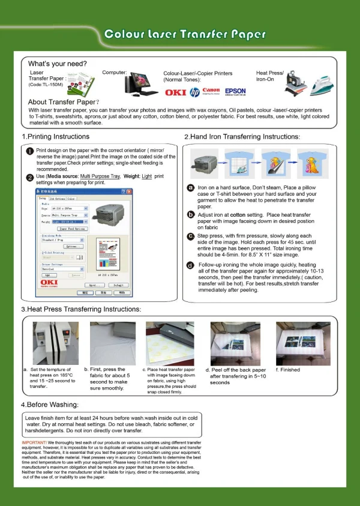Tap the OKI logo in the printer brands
click(175, 92)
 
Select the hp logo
click(194, 92)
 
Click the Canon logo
click(211, 91)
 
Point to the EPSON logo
click(235, 91)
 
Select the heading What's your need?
click(58, 64)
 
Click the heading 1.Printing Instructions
click(55, 136)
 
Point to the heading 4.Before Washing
click(50, 405)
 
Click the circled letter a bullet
click(190, 188)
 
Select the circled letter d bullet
click(190, 265)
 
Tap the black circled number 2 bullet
click(29, 176)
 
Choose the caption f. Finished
click(288, 370)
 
